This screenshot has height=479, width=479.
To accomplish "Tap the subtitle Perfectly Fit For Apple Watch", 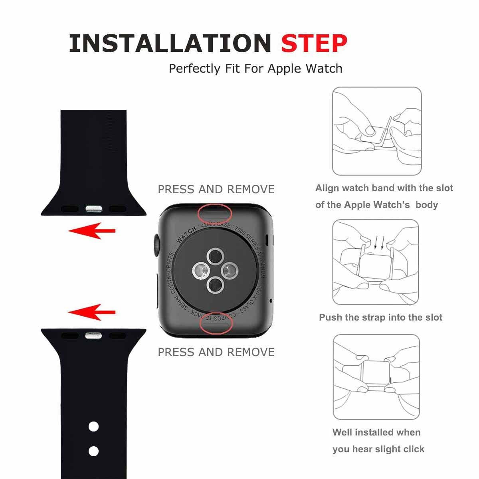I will (255, 68).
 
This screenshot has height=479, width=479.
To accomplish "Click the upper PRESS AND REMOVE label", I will (216, 189).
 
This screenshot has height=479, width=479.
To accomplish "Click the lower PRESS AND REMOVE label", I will (216, 352).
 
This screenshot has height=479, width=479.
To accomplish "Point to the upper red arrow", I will (91, 231).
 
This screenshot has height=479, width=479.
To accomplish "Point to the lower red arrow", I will (91, 312).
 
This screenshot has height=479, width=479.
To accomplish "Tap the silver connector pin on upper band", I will (93, 208).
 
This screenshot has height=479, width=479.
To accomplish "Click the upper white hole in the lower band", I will (93, 427).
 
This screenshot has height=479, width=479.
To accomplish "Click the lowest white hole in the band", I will (93, 451).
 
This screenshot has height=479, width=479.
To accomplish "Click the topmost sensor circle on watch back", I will (216, 256).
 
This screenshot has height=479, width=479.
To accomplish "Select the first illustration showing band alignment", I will (377, 131).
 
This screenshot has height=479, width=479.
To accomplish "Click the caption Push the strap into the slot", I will (380, 318).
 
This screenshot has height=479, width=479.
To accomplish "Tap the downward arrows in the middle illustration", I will (379, 242).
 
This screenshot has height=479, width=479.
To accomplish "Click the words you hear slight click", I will (378, 449).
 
